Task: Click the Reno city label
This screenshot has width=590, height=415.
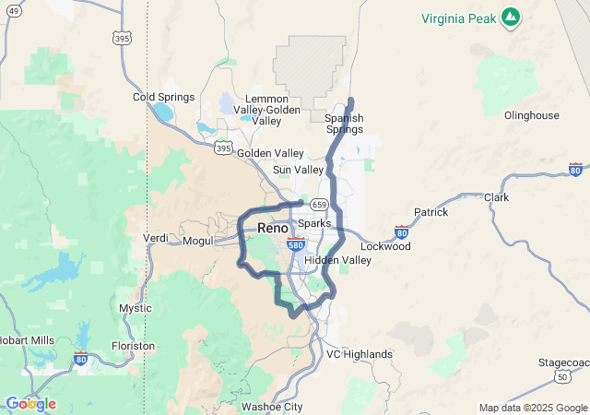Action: (272, 227)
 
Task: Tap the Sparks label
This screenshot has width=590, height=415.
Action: (314, 223)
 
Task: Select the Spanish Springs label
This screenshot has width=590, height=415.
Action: (344, 124)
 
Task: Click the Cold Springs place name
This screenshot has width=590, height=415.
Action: (163, 97)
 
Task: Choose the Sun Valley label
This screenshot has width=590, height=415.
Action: (298, 170)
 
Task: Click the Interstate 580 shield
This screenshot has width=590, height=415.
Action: (295, 245)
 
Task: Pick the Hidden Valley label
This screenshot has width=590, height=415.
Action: (337, 260)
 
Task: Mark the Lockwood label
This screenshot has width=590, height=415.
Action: (384, 246)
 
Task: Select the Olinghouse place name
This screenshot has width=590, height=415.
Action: (531, 115)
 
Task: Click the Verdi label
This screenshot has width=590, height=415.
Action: (155, 238)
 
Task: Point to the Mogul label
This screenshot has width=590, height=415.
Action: (198, 241)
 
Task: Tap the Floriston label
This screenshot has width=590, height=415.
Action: (133, 346)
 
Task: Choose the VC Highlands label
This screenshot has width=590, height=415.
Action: (360, 354)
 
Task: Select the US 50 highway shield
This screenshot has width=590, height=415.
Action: (562, 376)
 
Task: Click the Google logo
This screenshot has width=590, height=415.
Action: (30, 404)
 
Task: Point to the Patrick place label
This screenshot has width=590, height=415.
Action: (431, 212)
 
